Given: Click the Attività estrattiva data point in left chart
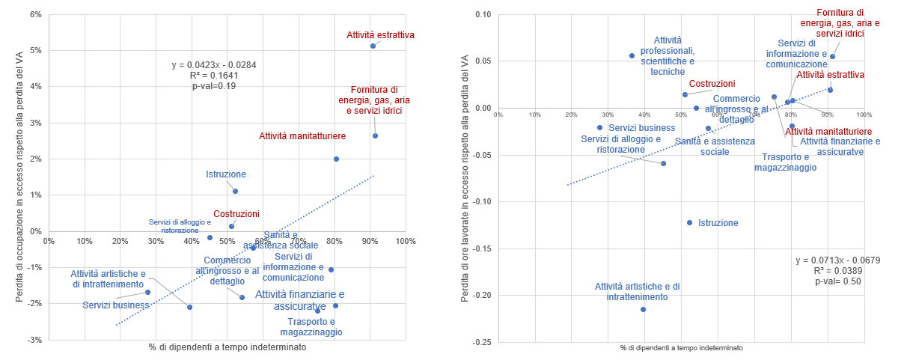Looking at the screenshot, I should (373, 46).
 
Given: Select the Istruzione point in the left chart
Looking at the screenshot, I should (235, 191).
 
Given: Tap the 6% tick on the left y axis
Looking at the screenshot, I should (34, 14).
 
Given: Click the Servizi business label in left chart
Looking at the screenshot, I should (116, 305).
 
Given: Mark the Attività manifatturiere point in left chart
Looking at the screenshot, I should (336, 159).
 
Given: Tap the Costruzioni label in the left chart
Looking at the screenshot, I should (236, 213).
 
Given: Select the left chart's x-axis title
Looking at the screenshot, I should (227, 347).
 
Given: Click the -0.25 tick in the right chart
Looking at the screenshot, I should (480, 342).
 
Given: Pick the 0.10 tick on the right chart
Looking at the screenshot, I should (481, 14).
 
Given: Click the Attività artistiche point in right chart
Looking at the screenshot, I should (643, 309).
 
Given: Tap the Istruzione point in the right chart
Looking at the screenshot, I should (689, 222).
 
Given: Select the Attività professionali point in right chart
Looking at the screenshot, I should (632, 55).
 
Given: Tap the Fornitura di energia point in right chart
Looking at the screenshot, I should (832, 56).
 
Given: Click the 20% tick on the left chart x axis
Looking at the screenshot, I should (120, 241).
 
